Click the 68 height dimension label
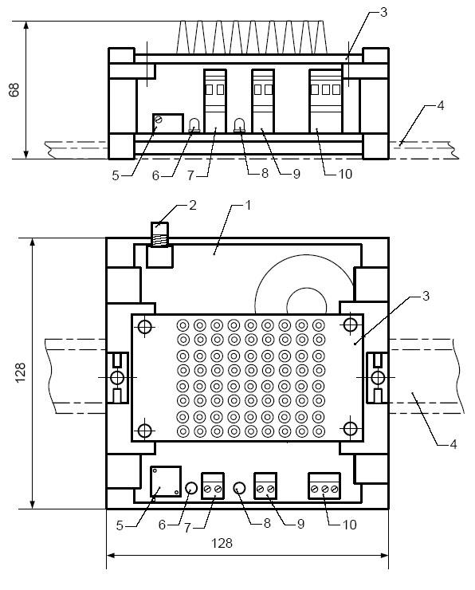pos(14,90)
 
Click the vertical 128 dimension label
pos(20,372)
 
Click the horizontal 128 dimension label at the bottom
pos(222,543)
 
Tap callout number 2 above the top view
pos(193,206)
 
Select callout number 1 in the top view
pos(248,206)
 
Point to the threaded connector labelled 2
pos(159,234)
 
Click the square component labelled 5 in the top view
pos(166,482)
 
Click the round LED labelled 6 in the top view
pos(191,488)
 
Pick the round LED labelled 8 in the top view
pos(239,488)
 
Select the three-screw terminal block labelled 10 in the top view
pos(324,486)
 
